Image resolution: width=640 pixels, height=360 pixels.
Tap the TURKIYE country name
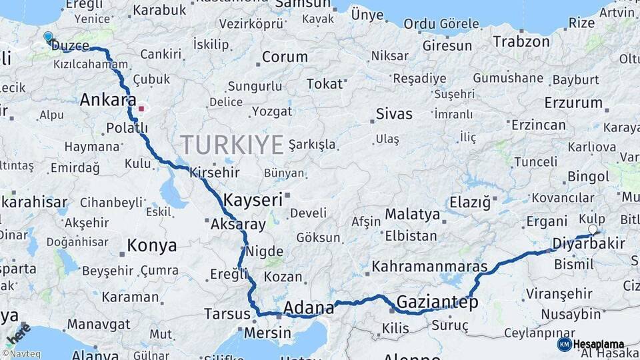pos(232,145)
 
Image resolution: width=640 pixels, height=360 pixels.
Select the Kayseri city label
pos(253,199)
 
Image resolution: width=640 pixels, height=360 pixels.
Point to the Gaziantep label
pos(437,302)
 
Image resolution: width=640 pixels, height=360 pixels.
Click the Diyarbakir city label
pos(589,243)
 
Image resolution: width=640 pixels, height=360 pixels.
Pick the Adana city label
pos(309,308)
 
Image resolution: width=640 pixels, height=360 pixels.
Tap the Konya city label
pos(152,246)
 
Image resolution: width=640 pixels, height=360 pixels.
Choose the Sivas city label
pos(394,113)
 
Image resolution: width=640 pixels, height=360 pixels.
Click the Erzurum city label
pos(573,103)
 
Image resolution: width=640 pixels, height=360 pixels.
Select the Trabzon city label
pos(521,41)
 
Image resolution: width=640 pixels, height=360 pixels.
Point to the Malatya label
pos(412,215)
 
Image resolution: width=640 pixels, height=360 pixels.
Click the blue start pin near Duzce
pos(48,37)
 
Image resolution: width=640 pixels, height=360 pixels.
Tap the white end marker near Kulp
pos(593,229)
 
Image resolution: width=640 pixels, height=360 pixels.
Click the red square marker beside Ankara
pos(141,107)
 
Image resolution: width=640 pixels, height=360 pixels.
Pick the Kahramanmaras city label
pos(429,267)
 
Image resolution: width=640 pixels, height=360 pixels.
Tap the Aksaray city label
pos(238,225)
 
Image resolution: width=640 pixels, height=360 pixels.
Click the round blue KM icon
pos(564,344)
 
